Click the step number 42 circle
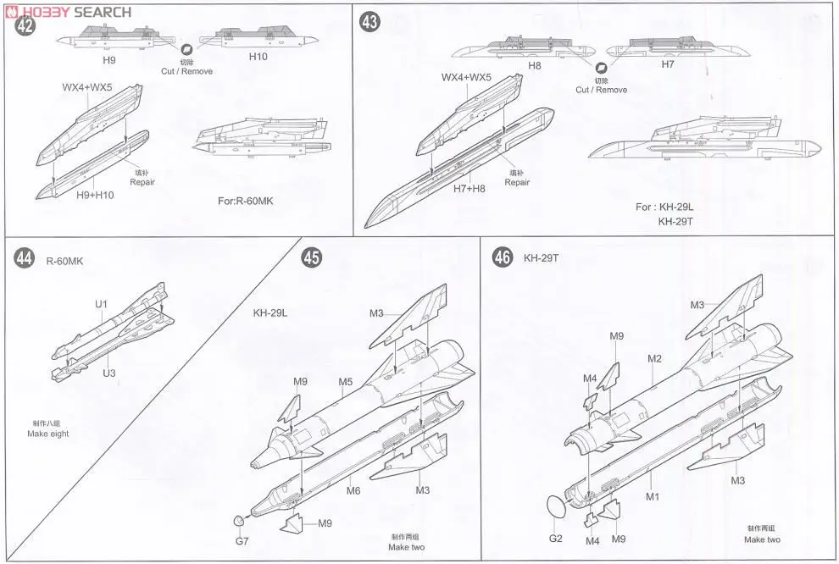point(25,26)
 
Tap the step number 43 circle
point(370,23)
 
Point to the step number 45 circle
point(311,259)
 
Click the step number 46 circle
point(503,257)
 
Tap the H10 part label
point(258,56)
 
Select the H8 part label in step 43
point(535,64)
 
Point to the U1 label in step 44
point(102,303)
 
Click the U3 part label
point(110,373)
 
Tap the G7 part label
point(242,539)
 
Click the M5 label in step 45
point(346,382)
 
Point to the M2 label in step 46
point(654,358)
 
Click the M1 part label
point(653,496)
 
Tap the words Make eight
point(48,434)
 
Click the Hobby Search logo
point(68,12)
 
